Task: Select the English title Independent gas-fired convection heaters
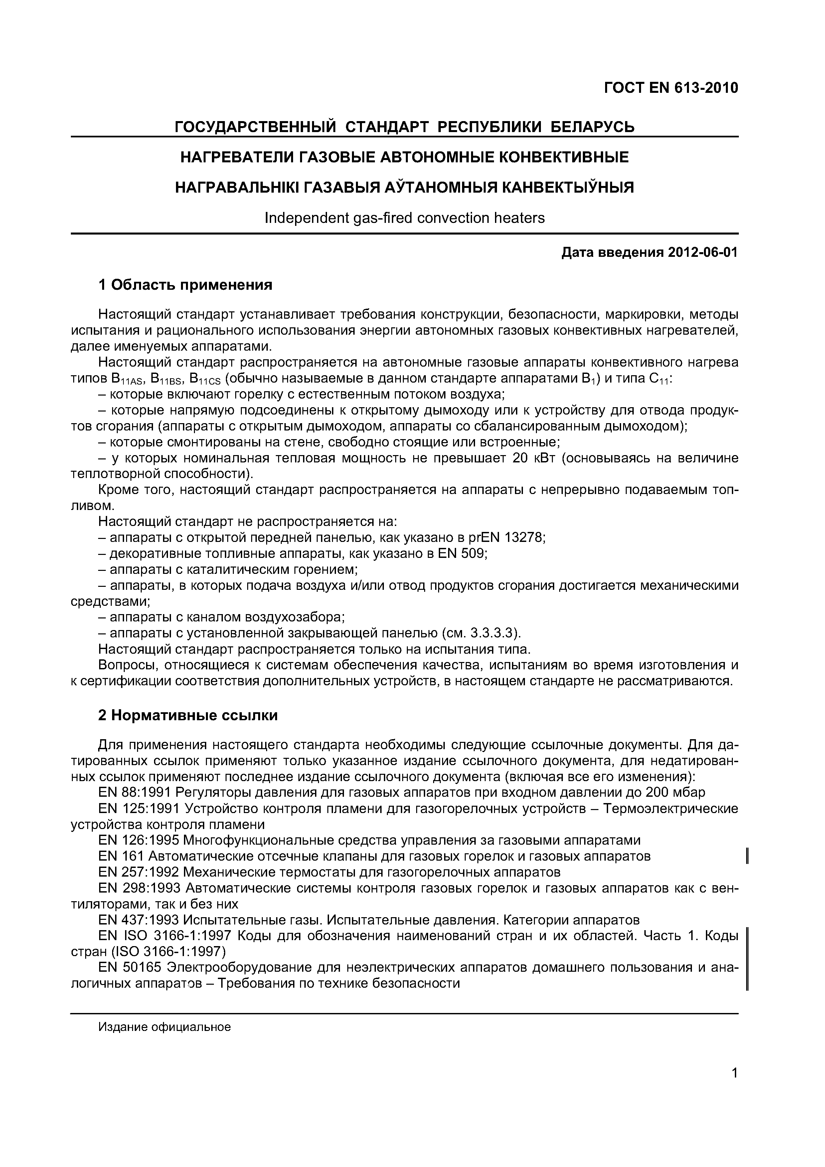(404, 218)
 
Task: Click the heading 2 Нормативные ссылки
(188, 716)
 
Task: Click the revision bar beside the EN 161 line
(746, 856)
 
